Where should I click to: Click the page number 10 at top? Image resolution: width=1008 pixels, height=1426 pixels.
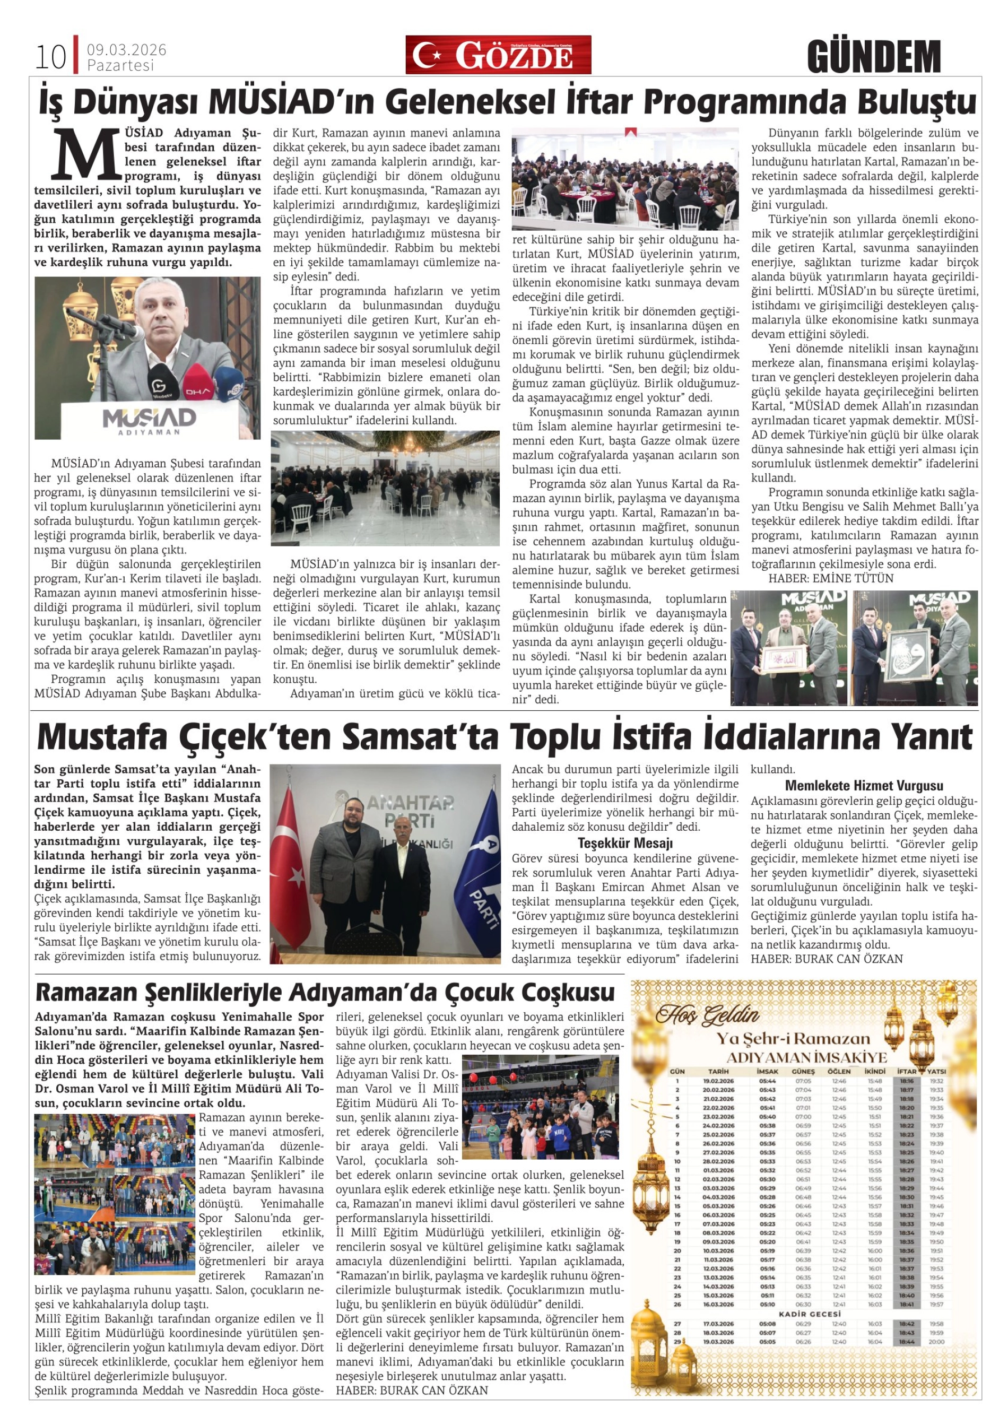[x=51, y=57]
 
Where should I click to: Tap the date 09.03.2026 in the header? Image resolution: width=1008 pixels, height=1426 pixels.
[x=126, y=50]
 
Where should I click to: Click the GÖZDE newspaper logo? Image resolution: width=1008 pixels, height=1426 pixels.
[x=498, y=55]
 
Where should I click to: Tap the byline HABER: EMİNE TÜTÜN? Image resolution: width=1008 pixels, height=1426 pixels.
[x=822, y=579]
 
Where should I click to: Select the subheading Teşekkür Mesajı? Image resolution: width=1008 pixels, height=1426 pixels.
[x=625, y=844]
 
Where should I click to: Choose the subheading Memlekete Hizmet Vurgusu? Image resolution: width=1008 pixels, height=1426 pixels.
[x=864, y=786]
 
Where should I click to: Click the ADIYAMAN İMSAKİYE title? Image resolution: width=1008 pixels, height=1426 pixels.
[x=806, y=1058]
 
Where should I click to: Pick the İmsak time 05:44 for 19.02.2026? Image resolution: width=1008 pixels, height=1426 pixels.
[x=767, y=1081]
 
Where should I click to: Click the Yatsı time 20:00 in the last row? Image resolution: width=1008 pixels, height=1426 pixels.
[x=936, y=1342]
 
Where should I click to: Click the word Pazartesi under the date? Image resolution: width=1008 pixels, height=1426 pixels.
[x=120, y=65]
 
